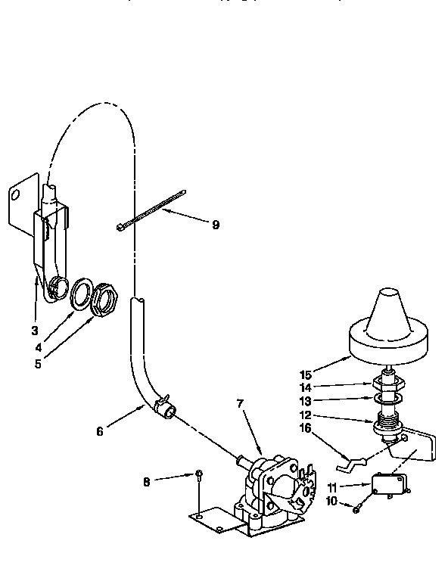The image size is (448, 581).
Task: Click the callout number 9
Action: pyautogui.click(x=216, y=225)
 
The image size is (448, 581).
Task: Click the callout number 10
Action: pyautogui.click(x=331, y=502)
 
